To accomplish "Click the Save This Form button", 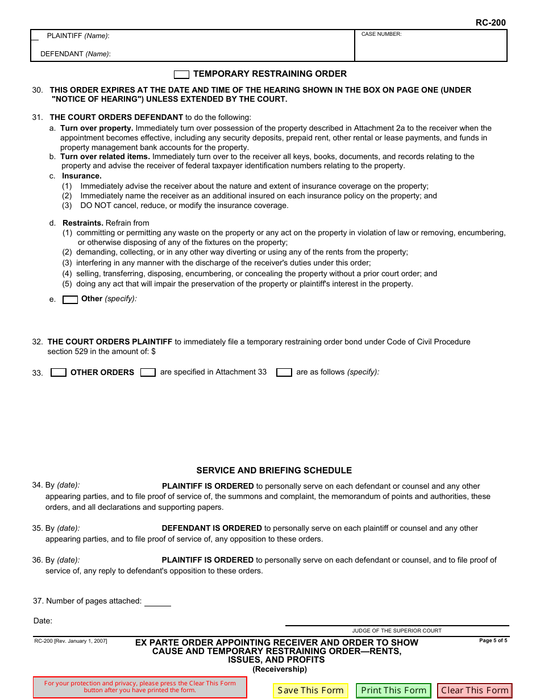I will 310,690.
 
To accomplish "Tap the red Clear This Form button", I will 475,690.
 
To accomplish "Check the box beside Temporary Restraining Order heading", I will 181,74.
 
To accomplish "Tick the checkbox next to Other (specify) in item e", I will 70,299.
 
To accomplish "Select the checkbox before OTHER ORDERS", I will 59,373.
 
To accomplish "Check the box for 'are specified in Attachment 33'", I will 148,373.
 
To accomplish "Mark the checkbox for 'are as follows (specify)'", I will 284,373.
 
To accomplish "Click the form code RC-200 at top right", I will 490,23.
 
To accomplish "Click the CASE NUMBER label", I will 381,35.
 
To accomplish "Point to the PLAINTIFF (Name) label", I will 78,36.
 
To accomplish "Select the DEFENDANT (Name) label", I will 75,54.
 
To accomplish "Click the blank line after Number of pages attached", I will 157,601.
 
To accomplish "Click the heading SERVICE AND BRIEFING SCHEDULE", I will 274,471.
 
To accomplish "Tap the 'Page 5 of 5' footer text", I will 493,640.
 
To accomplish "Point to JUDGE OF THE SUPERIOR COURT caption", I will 397,630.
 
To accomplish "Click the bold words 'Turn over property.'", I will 97,128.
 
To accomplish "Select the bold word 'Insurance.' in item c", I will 82,176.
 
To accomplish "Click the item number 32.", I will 38,342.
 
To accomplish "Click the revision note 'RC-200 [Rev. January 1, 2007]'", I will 70,641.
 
